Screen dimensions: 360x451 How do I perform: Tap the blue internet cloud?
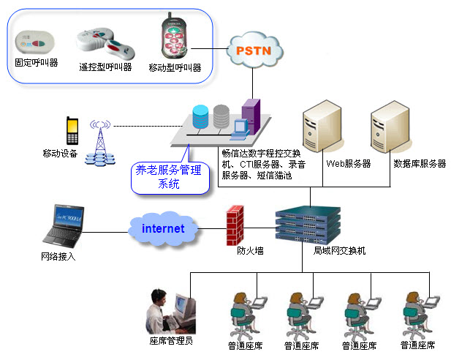[x=163, y=228]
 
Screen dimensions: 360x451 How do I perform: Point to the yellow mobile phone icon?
[x=72, y=131]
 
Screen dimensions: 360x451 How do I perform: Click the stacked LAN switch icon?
[x=308, y=224]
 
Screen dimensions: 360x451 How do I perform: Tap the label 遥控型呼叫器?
[x=105, y=67]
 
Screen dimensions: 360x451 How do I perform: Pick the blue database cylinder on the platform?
[x=200, y=117]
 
